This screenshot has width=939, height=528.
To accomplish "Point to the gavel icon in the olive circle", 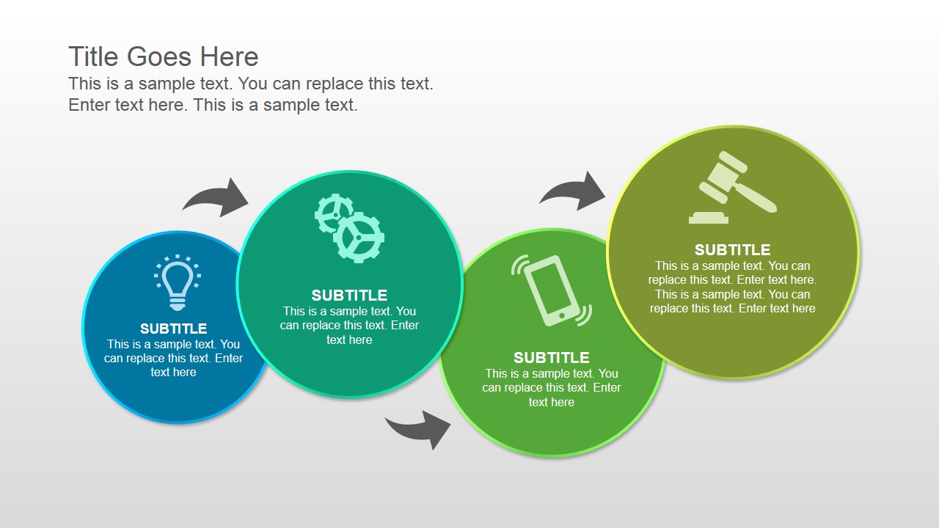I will pos(733,188).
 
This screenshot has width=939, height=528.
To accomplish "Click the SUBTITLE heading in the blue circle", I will pos(174,329).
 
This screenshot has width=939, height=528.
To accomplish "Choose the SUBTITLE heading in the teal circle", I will pos(349,296).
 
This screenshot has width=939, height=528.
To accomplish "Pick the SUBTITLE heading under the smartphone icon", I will pos(552,358).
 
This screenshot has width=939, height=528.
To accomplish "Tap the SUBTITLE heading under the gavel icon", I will pos(733,250).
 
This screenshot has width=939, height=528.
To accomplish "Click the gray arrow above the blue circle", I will pos(219,198).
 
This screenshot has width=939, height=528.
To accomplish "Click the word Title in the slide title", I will pos(95,57).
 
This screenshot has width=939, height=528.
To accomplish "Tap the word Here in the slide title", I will pos(231,57).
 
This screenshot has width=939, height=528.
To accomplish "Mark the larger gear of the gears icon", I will pos(359,238).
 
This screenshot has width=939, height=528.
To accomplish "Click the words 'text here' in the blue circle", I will pos(174,373).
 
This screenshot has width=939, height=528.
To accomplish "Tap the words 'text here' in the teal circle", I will pos(349,340).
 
